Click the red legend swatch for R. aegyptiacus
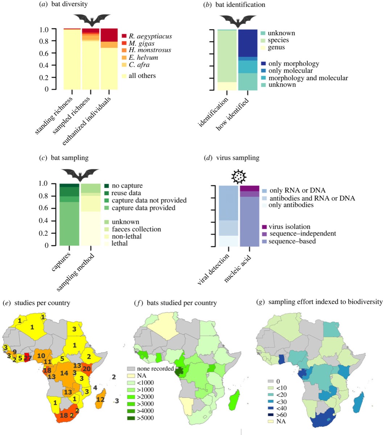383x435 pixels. click(x=124, y=36)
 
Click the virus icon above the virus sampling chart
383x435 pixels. click(x=239, y=177)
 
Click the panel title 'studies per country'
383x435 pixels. click(x=36, y=303)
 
